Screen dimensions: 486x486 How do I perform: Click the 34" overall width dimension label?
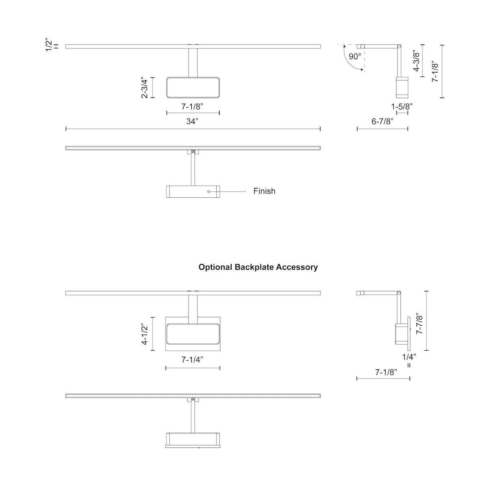192,121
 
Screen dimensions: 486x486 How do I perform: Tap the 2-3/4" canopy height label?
145,88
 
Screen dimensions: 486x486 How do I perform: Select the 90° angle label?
355,56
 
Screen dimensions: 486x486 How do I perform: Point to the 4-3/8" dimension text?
416,61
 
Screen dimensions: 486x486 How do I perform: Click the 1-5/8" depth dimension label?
402,106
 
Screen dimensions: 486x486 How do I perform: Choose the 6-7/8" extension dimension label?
382,121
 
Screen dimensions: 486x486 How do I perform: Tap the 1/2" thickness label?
49,45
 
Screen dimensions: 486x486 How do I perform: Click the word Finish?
264,191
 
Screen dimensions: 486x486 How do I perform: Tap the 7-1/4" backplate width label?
192,359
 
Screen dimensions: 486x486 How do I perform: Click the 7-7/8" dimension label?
419,324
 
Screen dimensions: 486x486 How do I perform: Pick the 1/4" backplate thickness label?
409,357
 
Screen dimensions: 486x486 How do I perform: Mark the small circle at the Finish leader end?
209,192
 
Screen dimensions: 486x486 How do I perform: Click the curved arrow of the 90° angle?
348,60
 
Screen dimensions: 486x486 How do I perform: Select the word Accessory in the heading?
297,267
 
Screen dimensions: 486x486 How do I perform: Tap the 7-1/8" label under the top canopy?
192,106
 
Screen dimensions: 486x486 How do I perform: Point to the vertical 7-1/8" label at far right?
435,71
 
